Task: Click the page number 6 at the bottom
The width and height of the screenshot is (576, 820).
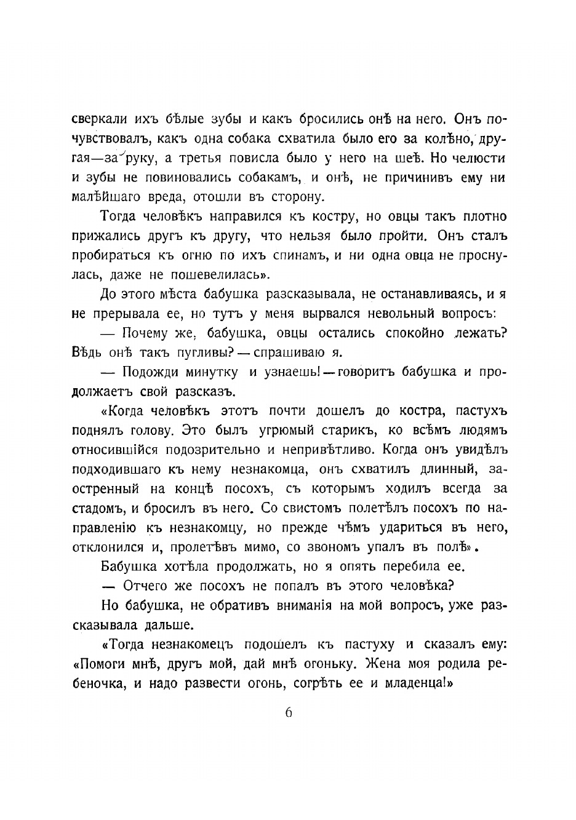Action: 287,714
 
